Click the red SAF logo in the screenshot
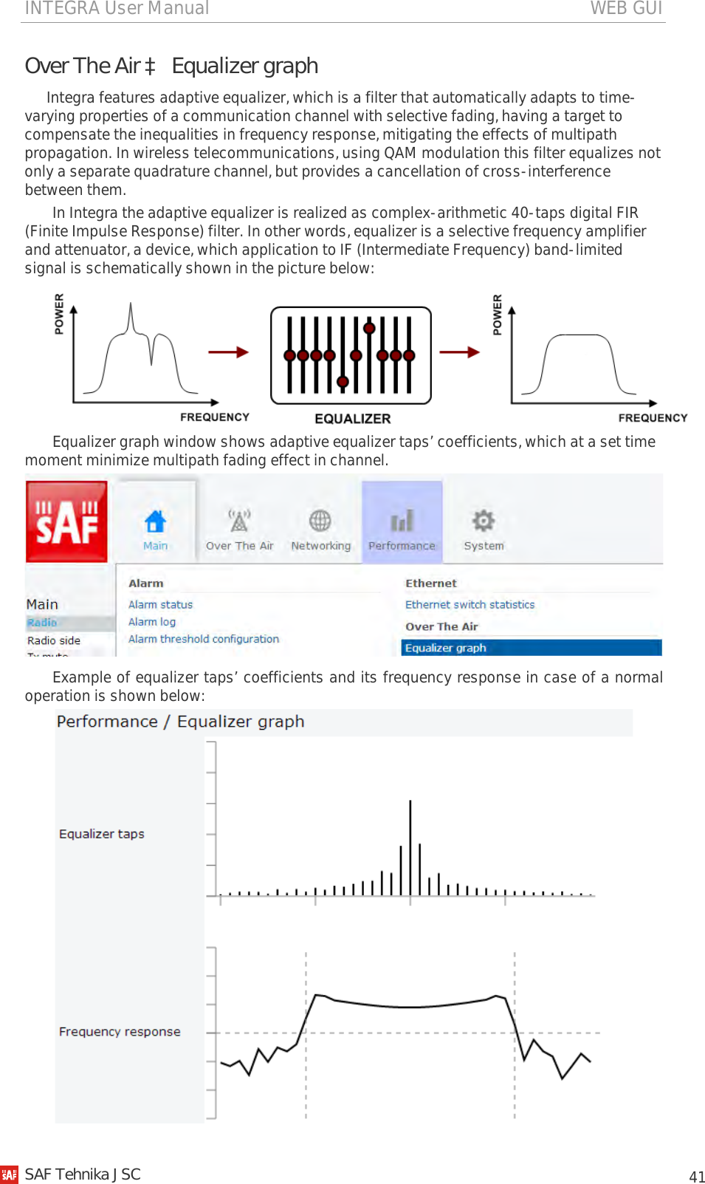66,521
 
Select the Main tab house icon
155,521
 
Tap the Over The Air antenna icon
239,521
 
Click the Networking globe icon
320,521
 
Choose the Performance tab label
402,546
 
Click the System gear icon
484,521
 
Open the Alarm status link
160,604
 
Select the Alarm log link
152,622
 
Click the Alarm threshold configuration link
204,639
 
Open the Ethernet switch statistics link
470,604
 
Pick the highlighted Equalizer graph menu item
446,648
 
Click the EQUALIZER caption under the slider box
353,419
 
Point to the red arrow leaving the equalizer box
459,352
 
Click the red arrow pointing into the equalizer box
228,352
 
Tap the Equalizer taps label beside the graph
102,834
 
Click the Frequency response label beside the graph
120,1032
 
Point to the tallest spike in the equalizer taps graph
410,842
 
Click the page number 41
697,1177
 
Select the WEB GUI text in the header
626,8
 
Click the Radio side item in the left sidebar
54,640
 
